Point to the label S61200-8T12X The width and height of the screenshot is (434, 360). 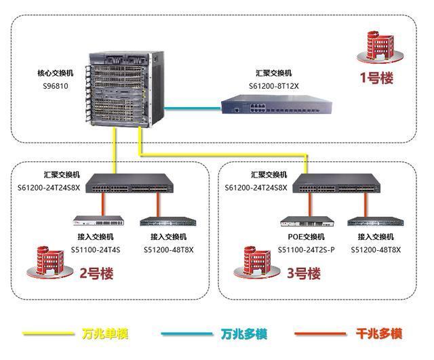click(273, 85)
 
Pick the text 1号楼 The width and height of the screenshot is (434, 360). click(376, 77)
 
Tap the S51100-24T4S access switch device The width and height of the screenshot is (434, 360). click(99, 222)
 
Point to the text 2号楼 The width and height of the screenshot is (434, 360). click(96, 274)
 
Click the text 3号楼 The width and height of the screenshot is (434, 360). click(303, 274)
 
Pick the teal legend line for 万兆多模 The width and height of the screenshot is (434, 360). click(187, 334)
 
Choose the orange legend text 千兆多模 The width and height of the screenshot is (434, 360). click(379, 334)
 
